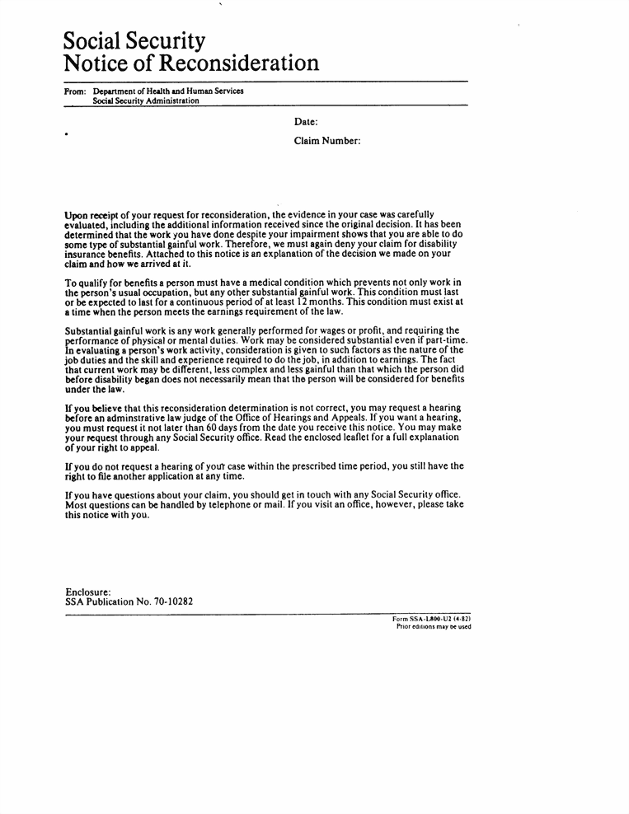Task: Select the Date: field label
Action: (306, 122)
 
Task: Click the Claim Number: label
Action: (327, 141)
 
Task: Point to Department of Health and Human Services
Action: (168, 91)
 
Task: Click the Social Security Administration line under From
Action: (146, 101)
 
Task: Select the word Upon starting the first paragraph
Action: (78, 215)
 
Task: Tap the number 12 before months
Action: (303, 302)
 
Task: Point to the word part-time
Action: (444, 341)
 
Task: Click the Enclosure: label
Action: (87, 591)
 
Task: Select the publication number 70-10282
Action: (172, 601)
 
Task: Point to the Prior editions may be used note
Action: (434, 626)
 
